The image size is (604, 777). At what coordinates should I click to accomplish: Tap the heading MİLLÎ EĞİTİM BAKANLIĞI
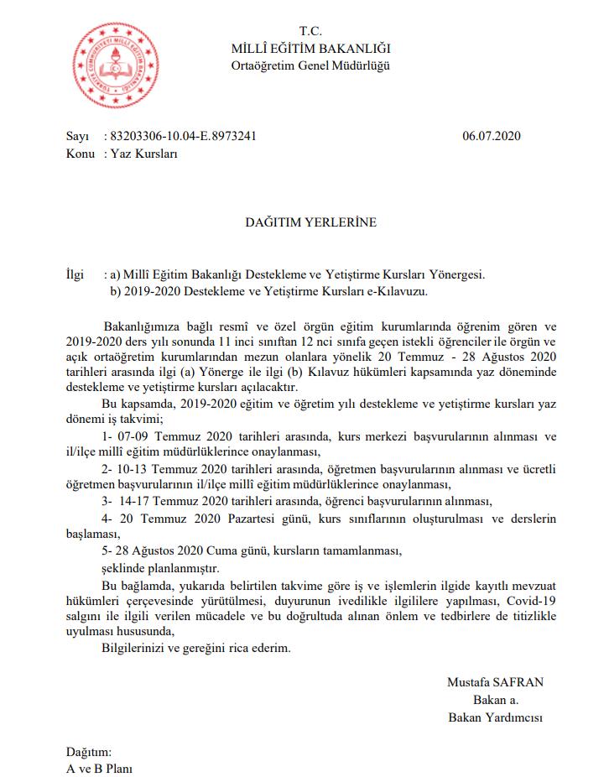point(310,50)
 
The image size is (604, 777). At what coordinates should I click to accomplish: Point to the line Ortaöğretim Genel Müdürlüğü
point(310,65)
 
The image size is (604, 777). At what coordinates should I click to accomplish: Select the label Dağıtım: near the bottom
point(88,752)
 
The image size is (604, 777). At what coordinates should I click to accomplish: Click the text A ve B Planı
point(100,769)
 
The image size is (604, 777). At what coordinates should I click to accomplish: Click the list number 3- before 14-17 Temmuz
point(106,502)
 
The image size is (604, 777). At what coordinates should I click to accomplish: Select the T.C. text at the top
point(310,33)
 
